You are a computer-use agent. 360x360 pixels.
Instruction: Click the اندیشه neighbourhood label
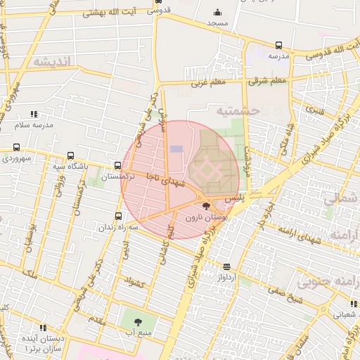click(53, 62)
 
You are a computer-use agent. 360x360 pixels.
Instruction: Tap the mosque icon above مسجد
click(217, 12)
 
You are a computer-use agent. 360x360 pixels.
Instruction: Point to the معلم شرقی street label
click(268, 81)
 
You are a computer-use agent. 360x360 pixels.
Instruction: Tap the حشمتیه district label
click(238, 111)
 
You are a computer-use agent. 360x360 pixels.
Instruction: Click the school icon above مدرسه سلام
click(33, 113)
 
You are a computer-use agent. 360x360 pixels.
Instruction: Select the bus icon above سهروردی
click(16, 147)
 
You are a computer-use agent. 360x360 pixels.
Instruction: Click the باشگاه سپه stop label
click(70, 167)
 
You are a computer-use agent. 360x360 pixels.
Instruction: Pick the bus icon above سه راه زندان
click(117, 217)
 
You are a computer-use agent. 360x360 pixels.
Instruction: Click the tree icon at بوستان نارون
click(205, 206)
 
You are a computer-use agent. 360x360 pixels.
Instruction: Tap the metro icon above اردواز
click(226, 266)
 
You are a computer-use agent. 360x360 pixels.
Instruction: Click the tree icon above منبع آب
click(137, 321)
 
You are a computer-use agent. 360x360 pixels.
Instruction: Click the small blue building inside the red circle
click(176, 149)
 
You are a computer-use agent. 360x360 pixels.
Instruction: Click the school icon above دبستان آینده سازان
click(43, 328)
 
